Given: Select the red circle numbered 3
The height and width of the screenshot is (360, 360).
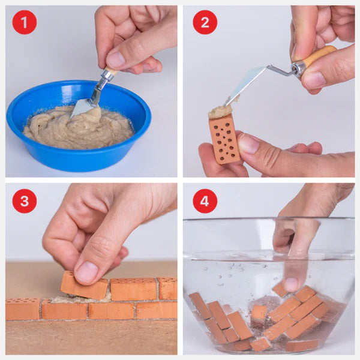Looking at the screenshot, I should [24, 201].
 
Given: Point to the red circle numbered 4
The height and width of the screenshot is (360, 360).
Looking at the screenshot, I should [205, 201].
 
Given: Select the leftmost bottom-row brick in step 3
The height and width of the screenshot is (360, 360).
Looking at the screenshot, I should [23, 308].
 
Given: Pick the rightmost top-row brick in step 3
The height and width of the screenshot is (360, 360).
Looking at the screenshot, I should [167, 288].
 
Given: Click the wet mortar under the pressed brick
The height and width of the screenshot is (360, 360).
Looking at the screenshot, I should [72, 298].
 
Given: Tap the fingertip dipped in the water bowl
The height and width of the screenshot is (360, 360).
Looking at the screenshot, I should [292, 283].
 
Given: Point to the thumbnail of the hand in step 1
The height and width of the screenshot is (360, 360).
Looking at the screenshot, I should [115, 58].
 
